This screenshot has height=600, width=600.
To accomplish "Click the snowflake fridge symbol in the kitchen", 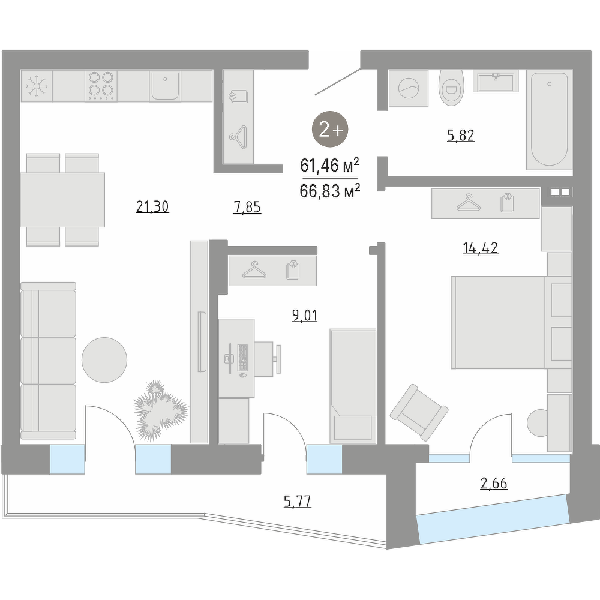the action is tap(37, 86).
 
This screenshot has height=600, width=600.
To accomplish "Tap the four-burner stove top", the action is tap(101, 86).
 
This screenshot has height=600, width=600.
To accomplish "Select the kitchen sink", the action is tap(165, 86).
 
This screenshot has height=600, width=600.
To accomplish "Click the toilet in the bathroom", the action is tap(452, 88).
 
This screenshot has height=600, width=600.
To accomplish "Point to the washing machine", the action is tap(409, 88).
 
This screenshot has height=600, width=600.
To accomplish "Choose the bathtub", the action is tap(549, 119).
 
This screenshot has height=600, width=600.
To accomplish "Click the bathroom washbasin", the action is tap(496, 81).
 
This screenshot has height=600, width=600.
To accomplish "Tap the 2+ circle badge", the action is tap(330, 130).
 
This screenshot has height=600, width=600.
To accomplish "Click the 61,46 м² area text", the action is tap(329, 166).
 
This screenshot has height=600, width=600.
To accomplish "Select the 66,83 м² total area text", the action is tap(330, 190).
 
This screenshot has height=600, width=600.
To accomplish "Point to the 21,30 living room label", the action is tap(152, 207).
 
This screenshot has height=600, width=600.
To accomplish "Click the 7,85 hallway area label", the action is tap(247, 208).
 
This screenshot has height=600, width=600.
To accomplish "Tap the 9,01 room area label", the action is tap(305, 316).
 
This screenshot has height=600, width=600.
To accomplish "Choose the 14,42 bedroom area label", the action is tap(480, 248).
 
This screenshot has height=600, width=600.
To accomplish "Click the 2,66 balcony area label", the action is tap(494, 484).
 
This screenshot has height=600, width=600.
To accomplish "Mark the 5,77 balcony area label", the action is tap(298, 501).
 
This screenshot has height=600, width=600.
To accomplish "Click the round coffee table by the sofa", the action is tap(104, 359).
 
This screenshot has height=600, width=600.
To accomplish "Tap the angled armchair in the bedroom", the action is tap(419, 412).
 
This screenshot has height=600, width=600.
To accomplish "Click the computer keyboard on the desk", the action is tap(242, 358).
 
